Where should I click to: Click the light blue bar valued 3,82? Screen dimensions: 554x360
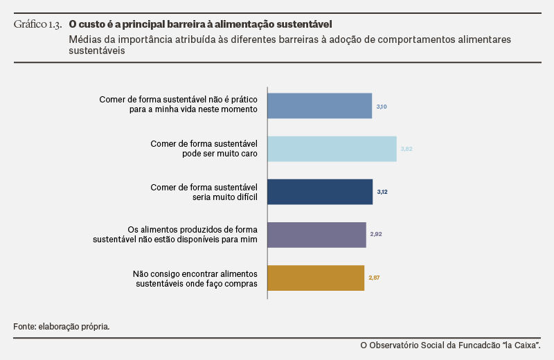click(332, 149)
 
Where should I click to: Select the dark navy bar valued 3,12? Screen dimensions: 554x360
click(320, 192)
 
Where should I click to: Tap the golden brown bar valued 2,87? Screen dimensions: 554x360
click(316, 278)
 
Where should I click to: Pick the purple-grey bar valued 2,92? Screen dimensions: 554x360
click(317, 235)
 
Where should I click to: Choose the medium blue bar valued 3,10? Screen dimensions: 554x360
click(320, 106)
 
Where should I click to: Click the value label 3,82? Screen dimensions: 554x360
click(406, 149)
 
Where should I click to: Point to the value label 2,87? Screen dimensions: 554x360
click(374, 278)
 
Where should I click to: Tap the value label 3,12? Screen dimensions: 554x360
click(382, 192)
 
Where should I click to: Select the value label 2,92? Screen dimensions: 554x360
click(376, 234)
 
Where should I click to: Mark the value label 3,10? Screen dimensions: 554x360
click(382, 107)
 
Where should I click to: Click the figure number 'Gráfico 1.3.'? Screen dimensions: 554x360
click(38, 24)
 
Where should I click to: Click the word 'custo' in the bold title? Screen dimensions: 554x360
click(92, 24)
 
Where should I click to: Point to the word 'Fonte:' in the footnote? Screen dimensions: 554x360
click(25, 327)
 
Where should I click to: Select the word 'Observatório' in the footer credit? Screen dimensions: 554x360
click(394, 345)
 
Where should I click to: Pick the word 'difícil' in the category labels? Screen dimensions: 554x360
click(248, 197)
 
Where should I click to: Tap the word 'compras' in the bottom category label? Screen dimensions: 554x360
click(243, 284)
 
